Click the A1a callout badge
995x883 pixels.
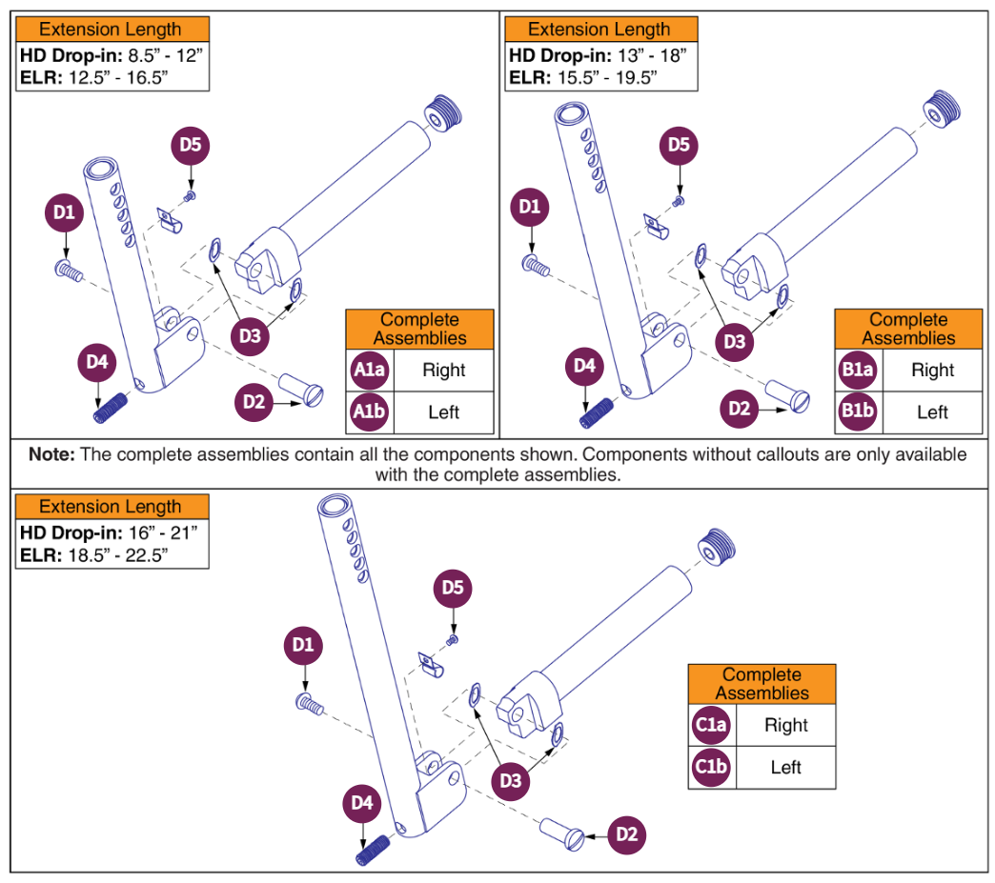point(369,371)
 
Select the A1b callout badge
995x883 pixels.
point(369,412)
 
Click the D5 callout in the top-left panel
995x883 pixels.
point(191,145)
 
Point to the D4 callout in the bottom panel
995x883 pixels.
point(362,804)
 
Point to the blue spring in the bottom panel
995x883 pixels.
point(373,849)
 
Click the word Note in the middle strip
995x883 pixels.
point(51,454)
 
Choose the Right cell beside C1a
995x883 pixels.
point(786,725)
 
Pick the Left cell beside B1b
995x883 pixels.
point(932,412)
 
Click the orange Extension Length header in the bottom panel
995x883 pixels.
point(111,507)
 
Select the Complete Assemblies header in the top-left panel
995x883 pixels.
point(419,329)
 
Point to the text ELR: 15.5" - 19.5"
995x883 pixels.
point(584,78)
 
